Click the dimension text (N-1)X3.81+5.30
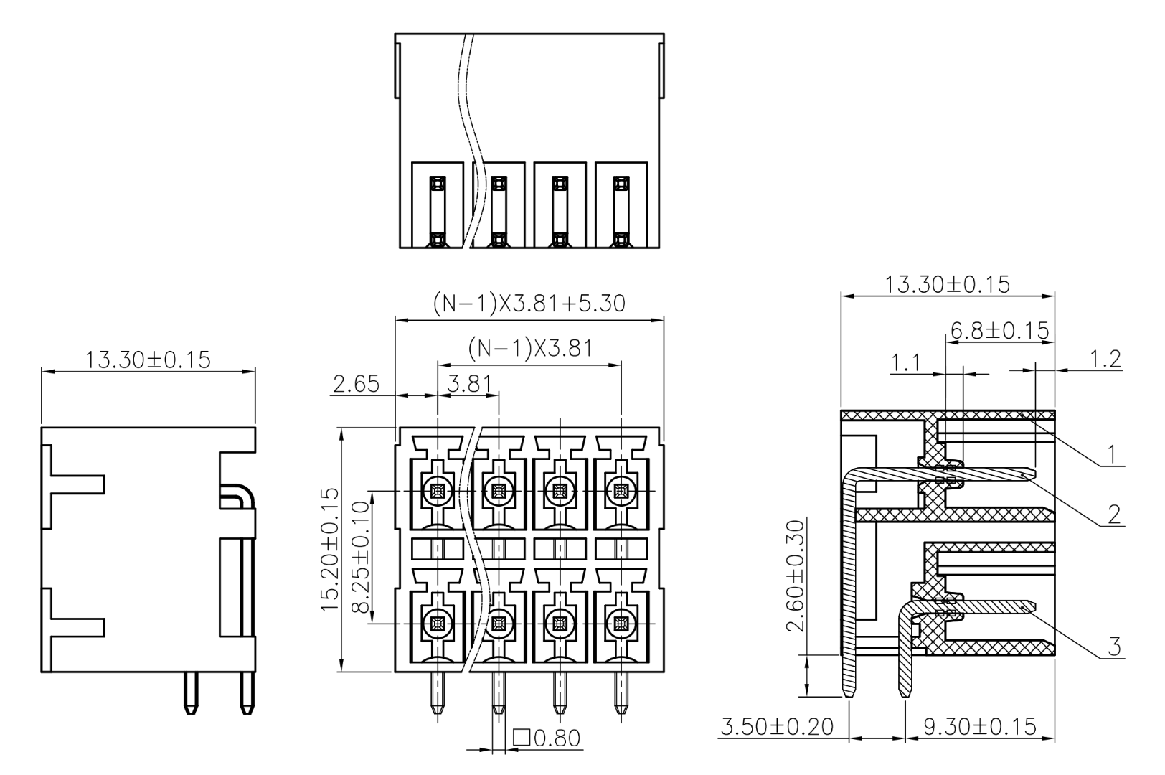tap(529, 304)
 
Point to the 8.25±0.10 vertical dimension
tap(360, 557)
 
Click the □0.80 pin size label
tap(547, 738)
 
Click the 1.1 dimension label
tap(906, 363)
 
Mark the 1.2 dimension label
tap(1105, 359)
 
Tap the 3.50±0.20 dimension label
tap(777, 727)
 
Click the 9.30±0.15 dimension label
tap(980, 727)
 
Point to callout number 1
tap(1111, 454)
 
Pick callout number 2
tap(1113, 514)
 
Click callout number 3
tap(1113, 647)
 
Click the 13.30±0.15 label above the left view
tap(148, 359)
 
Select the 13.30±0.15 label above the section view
tap(947, 284)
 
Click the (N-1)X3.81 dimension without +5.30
tap(530, 348)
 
